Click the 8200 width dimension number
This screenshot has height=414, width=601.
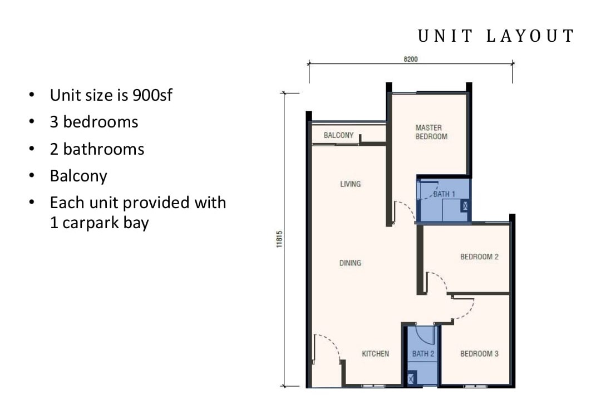click(x=411, y=59)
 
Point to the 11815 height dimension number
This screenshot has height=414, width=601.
click(x=279, y=239)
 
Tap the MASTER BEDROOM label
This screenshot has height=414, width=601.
click(x=431, y=132)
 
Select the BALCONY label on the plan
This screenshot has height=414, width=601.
click(x=338, y=135)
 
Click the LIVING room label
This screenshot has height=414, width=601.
click(x=351, y=184)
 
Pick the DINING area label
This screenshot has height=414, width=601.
click(x=351, y=263)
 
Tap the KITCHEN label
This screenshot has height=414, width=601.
click(x=375, y=354)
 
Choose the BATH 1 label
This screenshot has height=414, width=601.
click(x=444, y=194)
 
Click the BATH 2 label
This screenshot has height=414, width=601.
click(x=423, y=354)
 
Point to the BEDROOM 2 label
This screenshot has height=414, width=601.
click(x=480, y=257)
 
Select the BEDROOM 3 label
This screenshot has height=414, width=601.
click(x=480, y=354)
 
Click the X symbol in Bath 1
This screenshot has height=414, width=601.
click(x=465, y=206)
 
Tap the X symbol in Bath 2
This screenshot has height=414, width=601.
click(x=411, y=379)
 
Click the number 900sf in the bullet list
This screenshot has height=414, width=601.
click(x=152, y=95)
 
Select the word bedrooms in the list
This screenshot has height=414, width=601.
click(x=100, y=122)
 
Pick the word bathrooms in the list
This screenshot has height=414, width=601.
click(x=104, y=149)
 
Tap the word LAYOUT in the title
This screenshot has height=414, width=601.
click(x=530, y=36)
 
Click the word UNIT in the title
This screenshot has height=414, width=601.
click(x=445, y=36)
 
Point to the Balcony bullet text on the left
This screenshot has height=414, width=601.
click(x=78, y=176)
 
